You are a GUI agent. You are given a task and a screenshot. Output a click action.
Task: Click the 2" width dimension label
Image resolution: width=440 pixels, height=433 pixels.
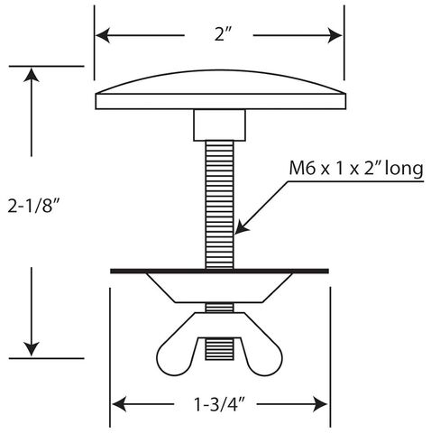coord(224,34)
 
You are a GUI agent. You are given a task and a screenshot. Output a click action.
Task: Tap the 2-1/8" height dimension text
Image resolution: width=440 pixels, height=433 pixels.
coord(32,207)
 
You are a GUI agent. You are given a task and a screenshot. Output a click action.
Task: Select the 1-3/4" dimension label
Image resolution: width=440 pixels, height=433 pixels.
coord(219,404)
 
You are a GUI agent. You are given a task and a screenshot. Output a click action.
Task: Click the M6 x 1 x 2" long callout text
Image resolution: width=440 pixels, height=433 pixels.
coord(356,169)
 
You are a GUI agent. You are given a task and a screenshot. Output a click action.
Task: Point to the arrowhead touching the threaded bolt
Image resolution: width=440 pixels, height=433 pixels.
coord(241,227)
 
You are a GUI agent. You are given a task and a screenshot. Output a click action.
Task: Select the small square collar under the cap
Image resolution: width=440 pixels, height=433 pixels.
coord(219,125)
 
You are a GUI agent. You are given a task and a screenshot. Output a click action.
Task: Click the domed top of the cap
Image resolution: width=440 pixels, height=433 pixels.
coord(220,81)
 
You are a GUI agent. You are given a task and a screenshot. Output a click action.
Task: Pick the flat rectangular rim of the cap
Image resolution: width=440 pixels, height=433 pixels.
coord(221,102)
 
